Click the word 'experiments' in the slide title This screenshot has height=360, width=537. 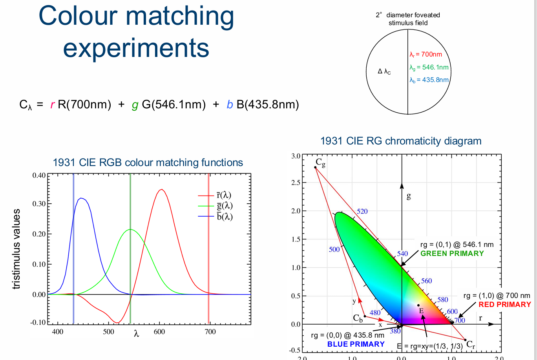click(136, 48)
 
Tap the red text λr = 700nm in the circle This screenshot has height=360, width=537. click(426, 55)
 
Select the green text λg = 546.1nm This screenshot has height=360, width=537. click(429, 68)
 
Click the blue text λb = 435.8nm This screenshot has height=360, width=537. click(429, 80)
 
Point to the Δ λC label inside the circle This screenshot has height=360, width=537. click(384, 71)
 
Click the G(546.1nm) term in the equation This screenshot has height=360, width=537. click(174, 105)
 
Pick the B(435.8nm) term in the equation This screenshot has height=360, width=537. click(268, 105)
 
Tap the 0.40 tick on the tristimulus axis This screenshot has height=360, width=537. click(39, 175)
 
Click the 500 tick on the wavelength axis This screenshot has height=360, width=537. click(108, 332)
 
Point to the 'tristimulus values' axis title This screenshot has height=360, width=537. click(16, 249)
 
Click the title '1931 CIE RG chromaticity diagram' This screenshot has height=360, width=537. click(401, 141)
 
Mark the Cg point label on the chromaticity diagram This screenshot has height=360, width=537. click(320, 163)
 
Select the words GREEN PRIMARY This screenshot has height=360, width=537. click(452, 254)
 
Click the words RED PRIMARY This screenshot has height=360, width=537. click(504, 305)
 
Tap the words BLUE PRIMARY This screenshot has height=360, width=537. click(356, 344)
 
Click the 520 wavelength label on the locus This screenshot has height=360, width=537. click(362, 212)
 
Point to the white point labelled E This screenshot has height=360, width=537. click(418, 305)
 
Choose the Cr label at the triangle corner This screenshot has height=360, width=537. click(471, 345)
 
